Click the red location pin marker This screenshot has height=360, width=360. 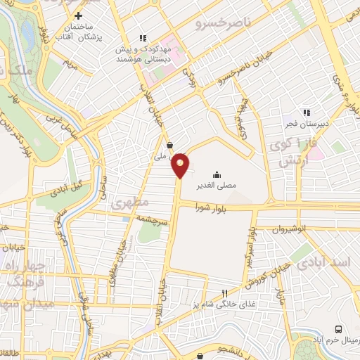[181, 165]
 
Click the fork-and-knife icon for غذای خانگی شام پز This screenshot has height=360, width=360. [225, 292]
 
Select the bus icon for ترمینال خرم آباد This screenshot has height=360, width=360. [339, 329]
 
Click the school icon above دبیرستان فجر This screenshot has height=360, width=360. [307, 111]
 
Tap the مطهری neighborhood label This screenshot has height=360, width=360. [130, 202]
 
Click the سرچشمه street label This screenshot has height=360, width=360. [152, 219]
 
